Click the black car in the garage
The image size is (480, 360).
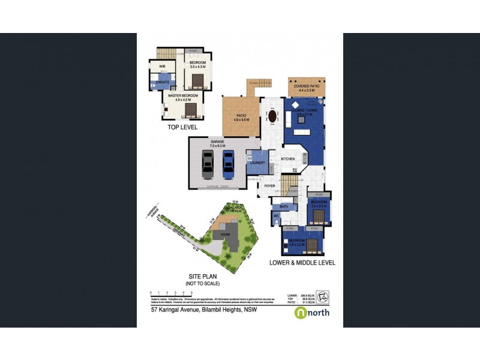[x=208, y=164]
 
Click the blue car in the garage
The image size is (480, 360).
[x=228, y=164]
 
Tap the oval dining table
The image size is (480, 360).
[x=273, y=116]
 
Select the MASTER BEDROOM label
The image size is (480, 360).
[x=182, y=95]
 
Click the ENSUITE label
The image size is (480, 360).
[x=162, y=82]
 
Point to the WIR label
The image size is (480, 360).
[x=162, y=66]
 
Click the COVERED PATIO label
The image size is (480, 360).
[x=306, y=86]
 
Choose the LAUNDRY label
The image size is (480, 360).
[x=257, y=163]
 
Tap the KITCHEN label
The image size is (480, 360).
[x=289, y=159]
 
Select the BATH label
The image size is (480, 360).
[x=284, y=207]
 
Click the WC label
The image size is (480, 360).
[x=277, y=215]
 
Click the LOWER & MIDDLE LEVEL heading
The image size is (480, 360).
[x=302, y=262]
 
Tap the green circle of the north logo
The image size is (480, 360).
[x=299, y=313]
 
